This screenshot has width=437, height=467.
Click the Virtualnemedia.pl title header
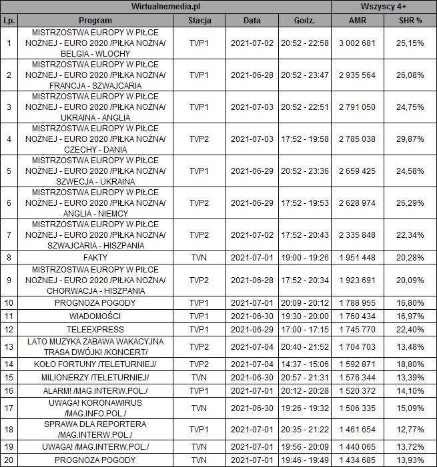pos(165,7)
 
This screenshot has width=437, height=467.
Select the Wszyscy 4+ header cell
pos(384,7)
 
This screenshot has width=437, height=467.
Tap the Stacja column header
pos(199,20)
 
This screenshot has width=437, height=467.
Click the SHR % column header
pos(410,20)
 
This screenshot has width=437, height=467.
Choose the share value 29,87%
pos(410,139)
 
